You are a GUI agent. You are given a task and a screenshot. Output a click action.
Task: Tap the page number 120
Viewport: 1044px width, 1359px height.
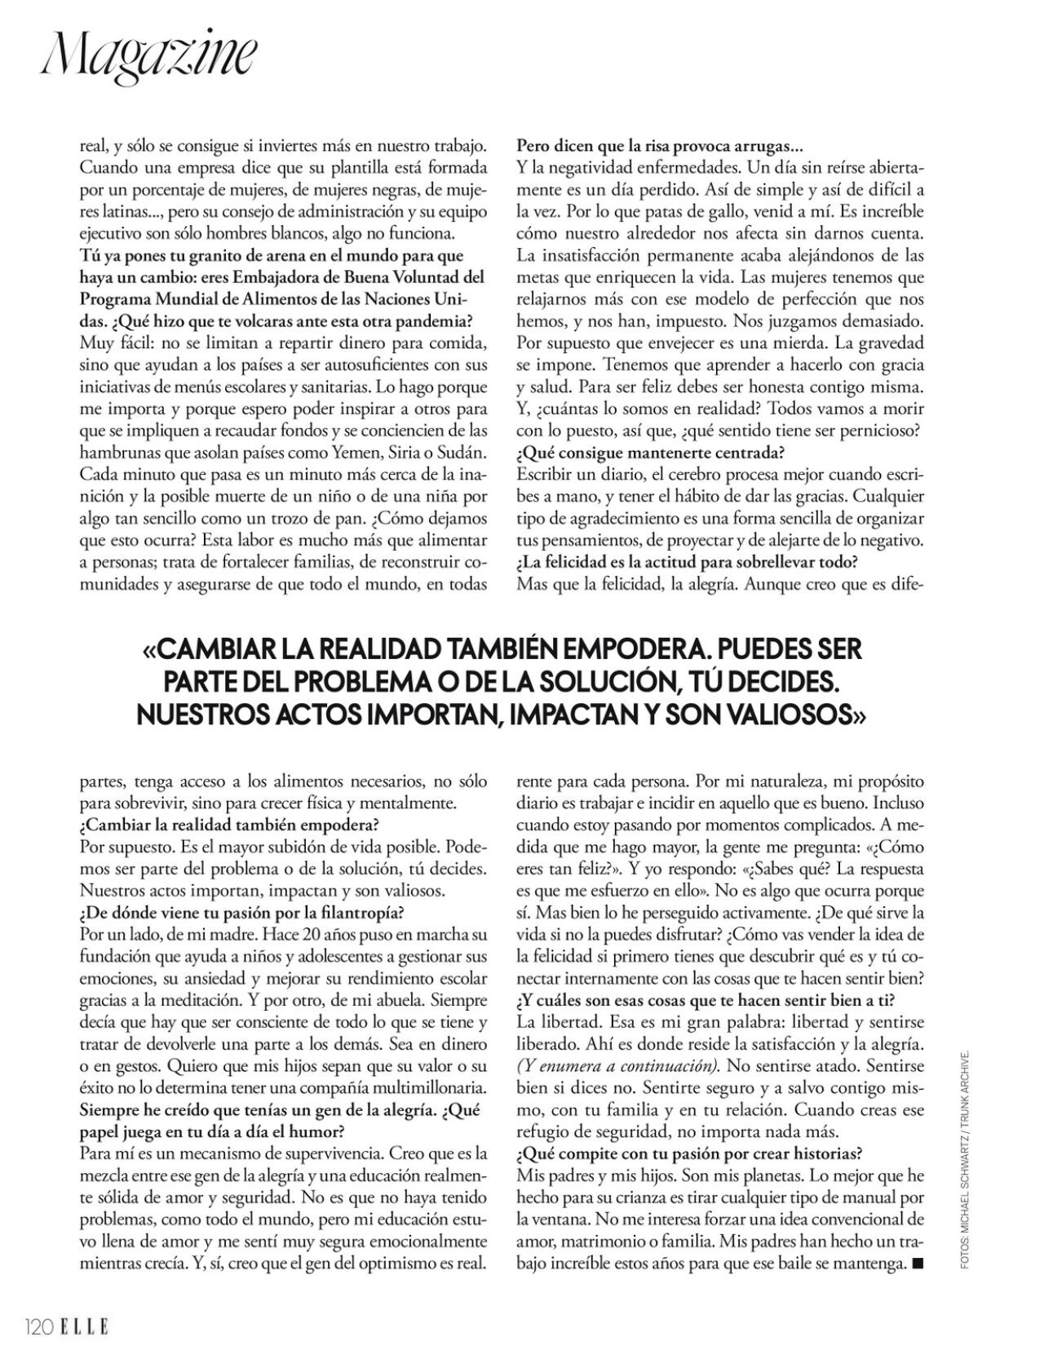point(38,1327)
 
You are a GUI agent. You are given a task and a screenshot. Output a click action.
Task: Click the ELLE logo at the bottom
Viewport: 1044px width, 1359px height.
point(83,1327)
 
